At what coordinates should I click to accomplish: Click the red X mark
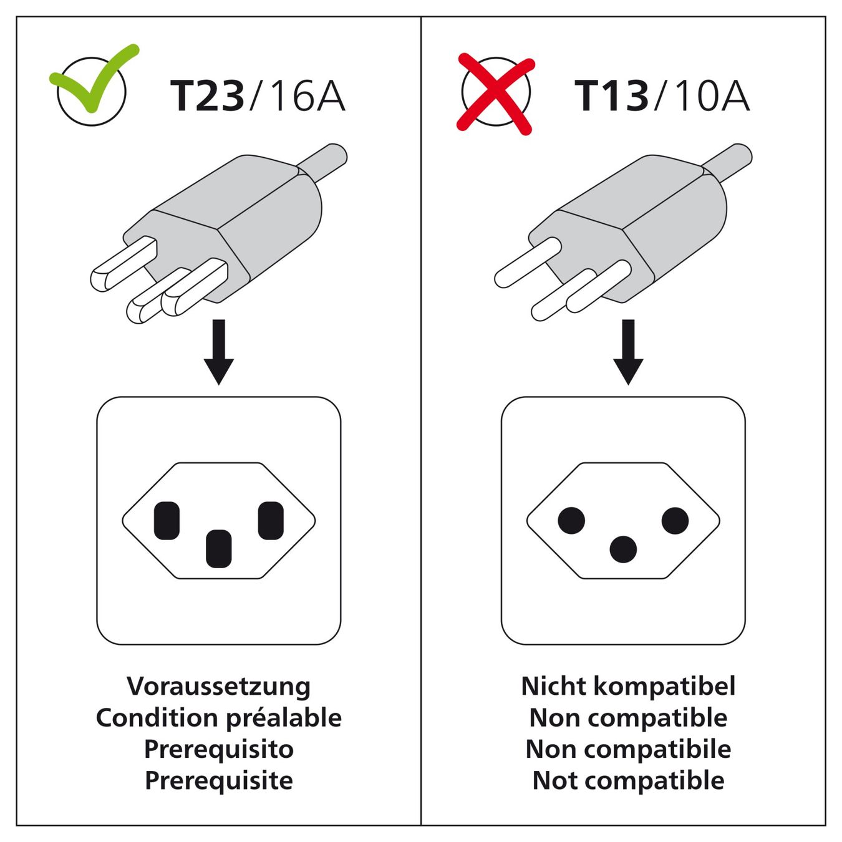(495, 94)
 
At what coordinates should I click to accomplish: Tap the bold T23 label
(206, 95)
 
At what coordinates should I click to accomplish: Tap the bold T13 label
(611, 95)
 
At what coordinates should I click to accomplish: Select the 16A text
(308, 95)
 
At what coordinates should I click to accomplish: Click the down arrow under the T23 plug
(219, 352)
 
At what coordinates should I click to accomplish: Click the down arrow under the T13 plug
(628, 352)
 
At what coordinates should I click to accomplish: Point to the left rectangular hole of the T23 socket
(167, 520)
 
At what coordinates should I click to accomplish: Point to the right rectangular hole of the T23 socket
(271, 520)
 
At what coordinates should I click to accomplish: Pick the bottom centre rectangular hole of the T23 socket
(218, 549)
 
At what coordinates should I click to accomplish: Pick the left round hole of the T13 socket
(571, 520)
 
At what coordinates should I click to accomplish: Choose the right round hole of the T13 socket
(675, 520)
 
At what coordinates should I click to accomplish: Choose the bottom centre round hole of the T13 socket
(624, 549)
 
